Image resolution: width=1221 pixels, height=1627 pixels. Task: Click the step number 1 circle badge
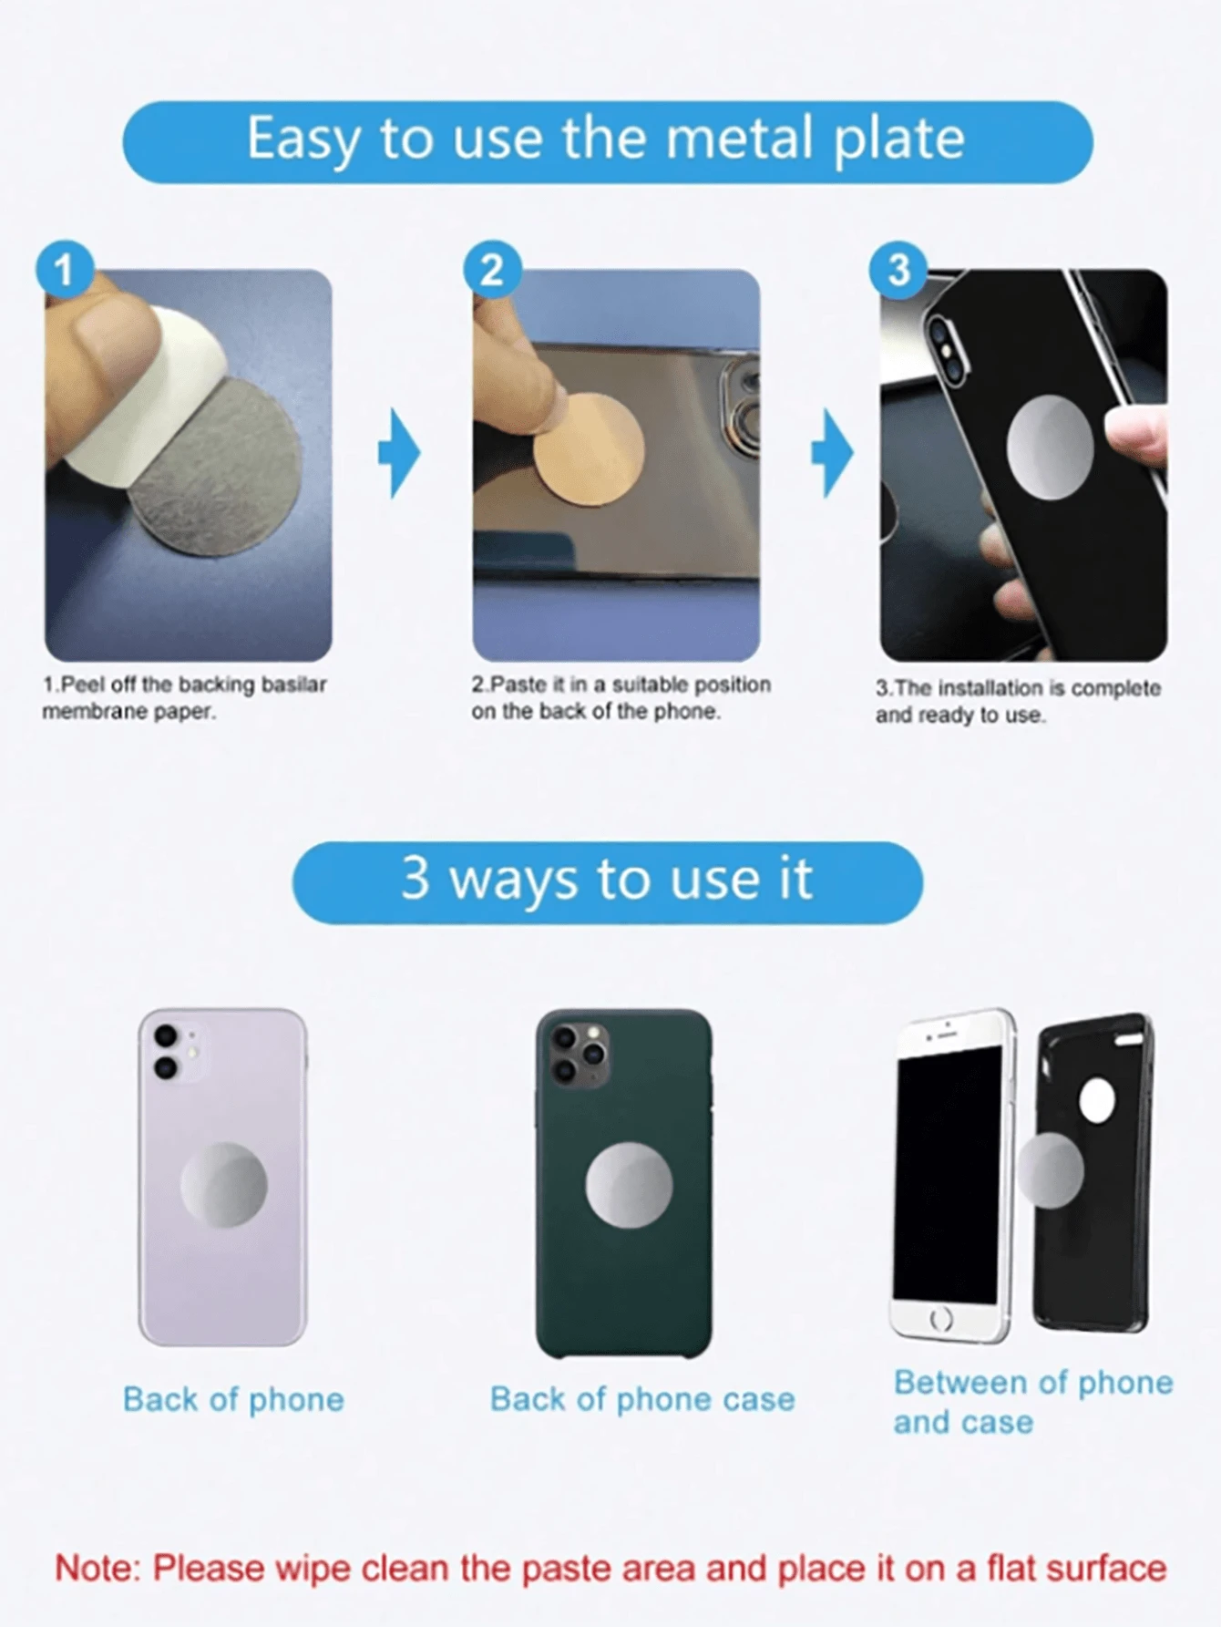(x=64, y=270)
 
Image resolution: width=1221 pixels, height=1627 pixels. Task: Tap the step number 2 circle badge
(x=491, y=270)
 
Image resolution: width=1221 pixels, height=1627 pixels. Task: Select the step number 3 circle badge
(x=898, y=270)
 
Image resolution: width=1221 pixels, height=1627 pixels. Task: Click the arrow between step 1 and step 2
(x=399, y=453)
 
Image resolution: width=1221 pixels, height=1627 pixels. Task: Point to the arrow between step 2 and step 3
(x=831, y=453)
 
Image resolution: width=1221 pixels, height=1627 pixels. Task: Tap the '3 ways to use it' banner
(x=607, y=881)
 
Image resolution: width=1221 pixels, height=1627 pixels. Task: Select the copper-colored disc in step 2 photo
(x=590, y=452)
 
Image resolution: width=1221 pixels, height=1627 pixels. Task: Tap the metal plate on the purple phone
(x=223, y=1185)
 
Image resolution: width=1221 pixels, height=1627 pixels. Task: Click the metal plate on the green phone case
(x=629, y=1185)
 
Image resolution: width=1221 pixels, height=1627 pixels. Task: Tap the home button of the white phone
(x=941, y=1318)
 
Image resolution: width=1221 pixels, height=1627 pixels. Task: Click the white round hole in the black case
(x=1097, y=1101)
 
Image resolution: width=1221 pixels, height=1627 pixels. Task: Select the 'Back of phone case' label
(x=642, y=1399)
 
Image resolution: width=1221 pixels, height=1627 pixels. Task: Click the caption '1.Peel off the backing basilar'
(x=185, y=685)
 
